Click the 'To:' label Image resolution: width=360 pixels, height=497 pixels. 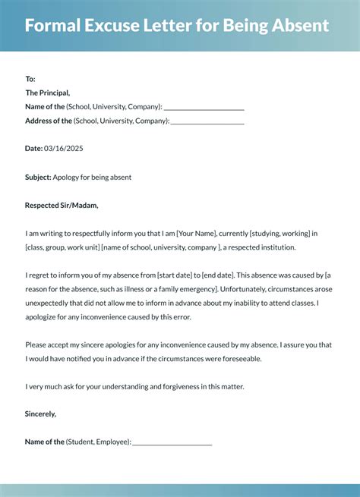(x=30, y=79)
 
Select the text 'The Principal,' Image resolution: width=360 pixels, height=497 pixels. (x=49, y=93)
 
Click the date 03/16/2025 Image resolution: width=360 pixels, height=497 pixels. (x=63, y=149)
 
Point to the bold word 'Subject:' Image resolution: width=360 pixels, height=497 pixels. (x=38, y=177)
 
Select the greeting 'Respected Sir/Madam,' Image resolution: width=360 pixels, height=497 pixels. (x=62, y=205)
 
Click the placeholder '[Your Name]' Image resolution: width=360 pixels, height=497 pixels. (x=197, y=233)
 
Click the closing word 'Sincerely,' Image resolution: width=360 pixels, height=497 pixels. (x=40, y=414)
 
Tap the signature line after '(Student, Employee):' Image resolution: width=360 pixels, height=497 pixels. (x=172, y=442)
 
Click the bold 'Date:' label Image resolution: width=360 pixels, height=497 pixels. (x=33, y=149)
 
